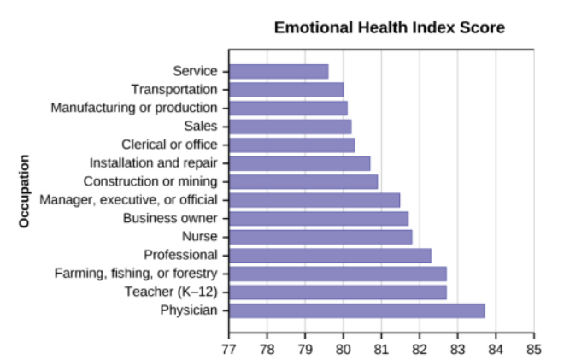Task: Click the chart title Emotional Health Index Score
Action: coord(389,28)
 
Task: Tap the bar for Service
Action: coord(279,71)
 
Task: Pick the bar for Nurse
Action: coord(320,237)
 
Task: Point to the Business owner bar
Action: coord(319,218)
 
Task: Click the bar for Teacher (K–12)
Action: coord(338,292)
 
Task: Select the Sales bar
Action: coord(291,127)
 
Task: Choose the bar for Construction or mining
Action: coord(303,181)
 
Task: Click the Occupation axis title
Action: coord(24,191)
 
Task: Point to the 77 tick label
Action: coord(228,349)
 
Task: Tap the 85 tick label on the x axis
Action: coord(534,349)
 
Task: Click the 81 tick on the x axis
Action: coord(381,349)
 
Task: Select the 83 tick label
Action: coord(457,349)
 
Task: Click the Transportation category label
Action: coord(174,90)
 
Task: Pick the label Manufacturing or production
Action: coord(134,108)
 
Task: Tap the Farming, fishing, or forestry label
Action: coord(136,274)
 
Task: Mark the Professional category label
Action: coord(180,255)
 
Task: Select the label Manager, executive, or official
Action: coord(128,200)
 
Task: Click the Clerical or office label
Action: coord(169,145)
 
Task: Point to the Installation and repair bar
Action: coord(300,163)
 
